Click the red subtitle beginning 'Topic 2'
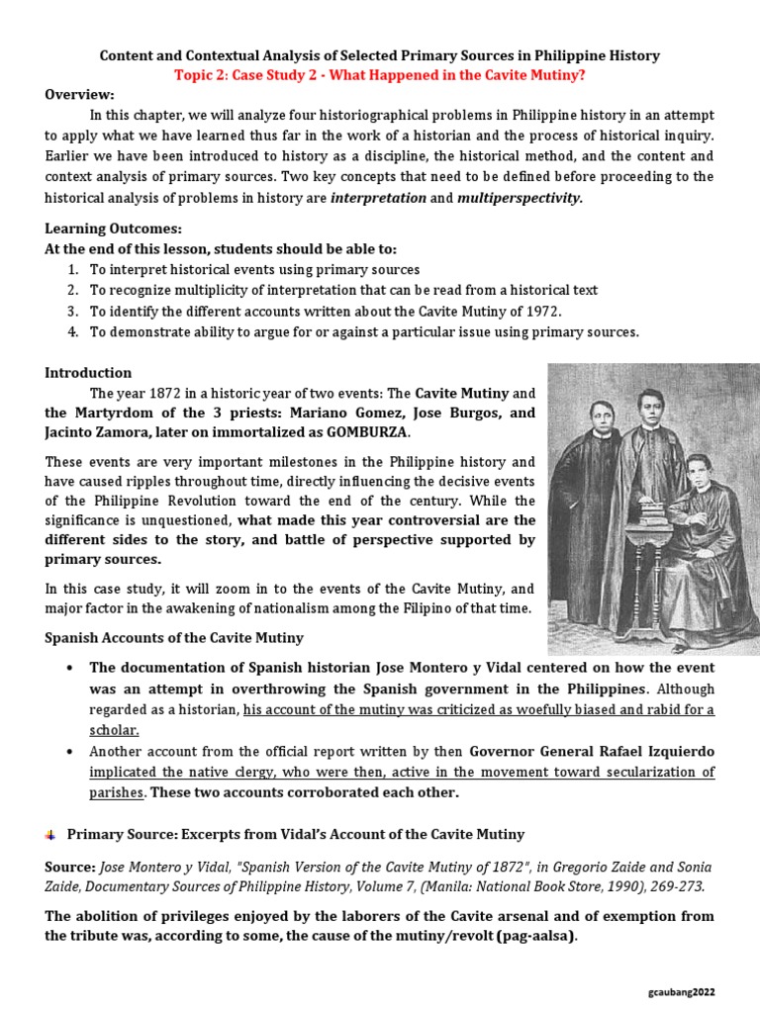380,74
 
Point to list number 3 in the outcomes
72,311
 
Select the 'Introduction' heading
88,373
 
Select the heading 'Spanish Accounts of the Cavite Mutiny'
174,637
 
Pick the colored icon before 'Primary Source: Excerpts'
50,835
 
